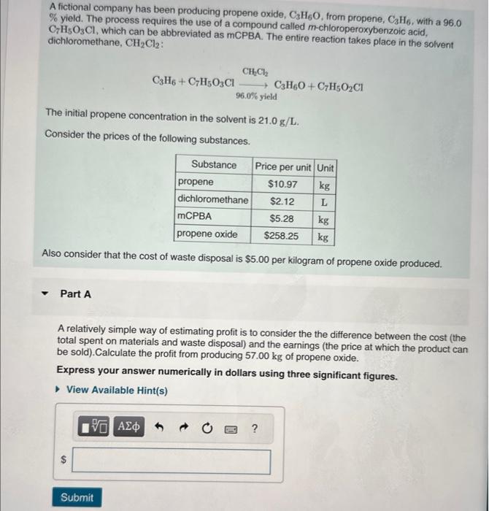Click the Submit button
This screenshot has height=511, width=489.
(x=77, y=497)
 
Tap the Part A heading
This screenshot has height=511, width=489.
(x=76, y=294)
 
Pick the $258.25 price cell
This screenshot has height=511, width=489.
(x=282, y=236)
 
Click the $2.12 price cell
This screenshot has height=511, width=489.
(x=282, y=201)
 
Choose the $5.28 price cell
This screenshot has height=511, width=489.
(x=282, y=218)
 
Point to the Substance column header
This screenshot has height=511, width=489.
(x=213, y=165)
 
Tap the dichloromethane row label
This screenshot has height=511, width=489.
(x=213, y=199)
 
